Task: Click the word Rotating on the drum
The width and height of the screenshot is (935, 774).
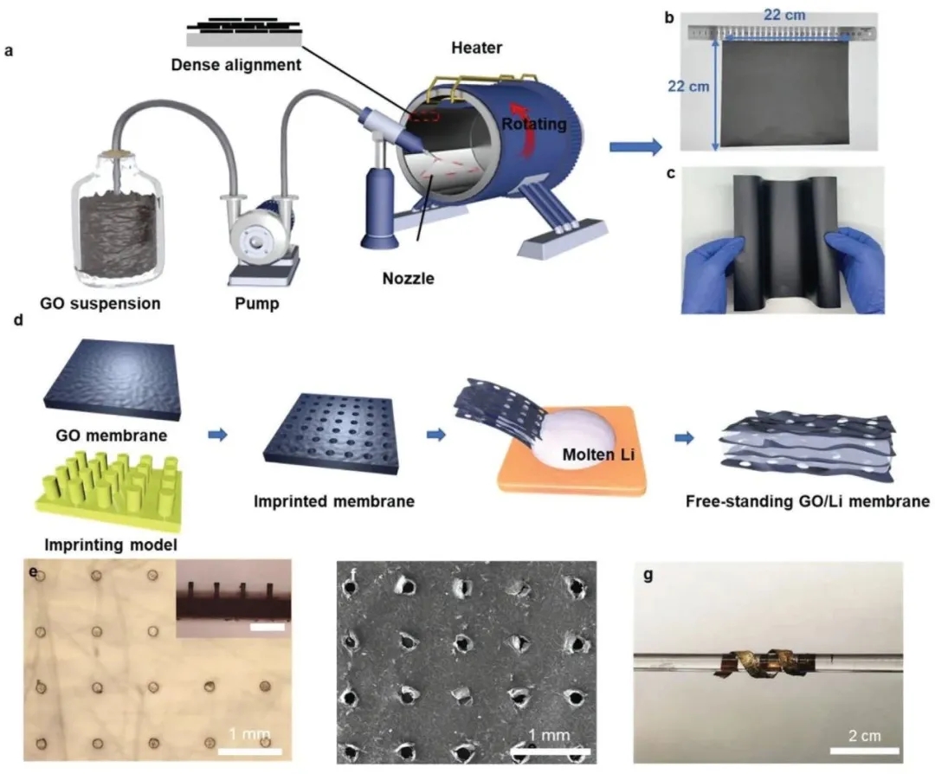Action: [x=534, y=125]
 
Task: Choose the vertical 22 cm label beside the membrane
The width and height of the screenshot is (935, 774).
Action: [x=687, y=86]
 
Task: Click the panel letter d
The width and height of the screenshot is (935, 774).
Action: [x=10, y=324]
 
